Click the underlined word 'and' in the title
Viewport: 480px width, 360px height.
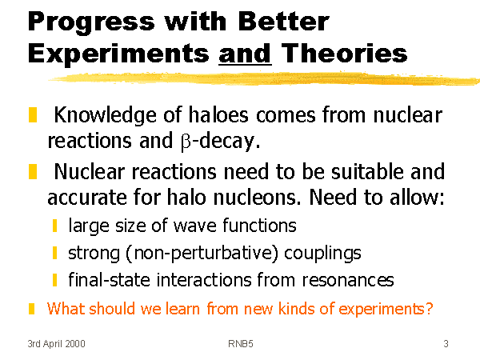coord(246,54)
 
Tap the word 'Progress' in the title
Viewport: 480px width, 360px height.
coord(91,22)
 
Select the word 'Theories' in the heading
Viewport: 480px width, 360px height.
coord(344,53)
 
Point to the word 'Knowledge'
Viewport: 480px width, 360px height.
coord(105,116)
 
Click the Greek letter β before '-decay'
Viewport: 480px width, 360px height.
coord(186,142)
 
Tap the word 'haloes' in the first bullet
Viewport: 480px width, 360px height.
coord(218,114)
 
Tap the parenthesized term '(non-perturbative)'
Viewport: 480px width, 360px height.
coord(202,254)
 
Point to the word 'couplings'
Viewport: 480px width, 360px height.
coord(322,254)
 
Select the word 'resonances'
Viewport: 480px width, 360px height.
coord(348,280)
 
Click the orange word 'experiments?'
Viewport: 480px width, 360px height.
coord(386,309)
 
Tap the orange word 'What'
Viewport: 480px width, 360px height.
coord(66,308)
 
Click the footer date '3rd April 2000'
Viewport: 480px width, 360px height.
coord(56,344)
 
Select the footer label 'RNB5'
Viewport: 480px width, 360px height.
coord(241,344)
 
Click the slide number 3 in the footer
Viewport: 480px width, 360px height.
coord(446,344)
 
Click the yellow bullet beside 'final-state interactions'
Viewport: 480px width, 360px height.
coord(54,280)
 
